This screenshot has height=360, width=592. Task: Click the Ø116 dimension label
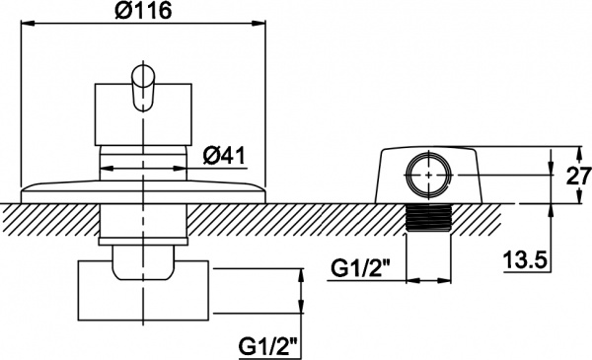click(143, 11)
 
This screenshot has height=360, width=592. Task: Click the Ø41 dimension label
click(224, 155)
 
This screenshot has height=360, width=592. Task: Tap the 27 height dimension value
click(579, 176)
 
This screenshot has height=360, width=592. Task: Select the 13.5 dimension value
click(525, 260)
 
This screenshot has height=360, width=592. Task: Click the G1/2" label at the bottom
click(267, 346)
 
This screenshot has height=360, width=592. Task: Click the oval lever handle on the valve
click(143, 89)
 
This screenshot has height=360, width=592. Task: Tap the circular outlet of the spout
click(429, 175)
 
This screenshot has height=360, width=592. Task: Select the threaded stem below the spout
click(428, 218)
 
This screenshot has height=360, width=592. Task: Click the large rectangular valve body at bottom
click(143, 290)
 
